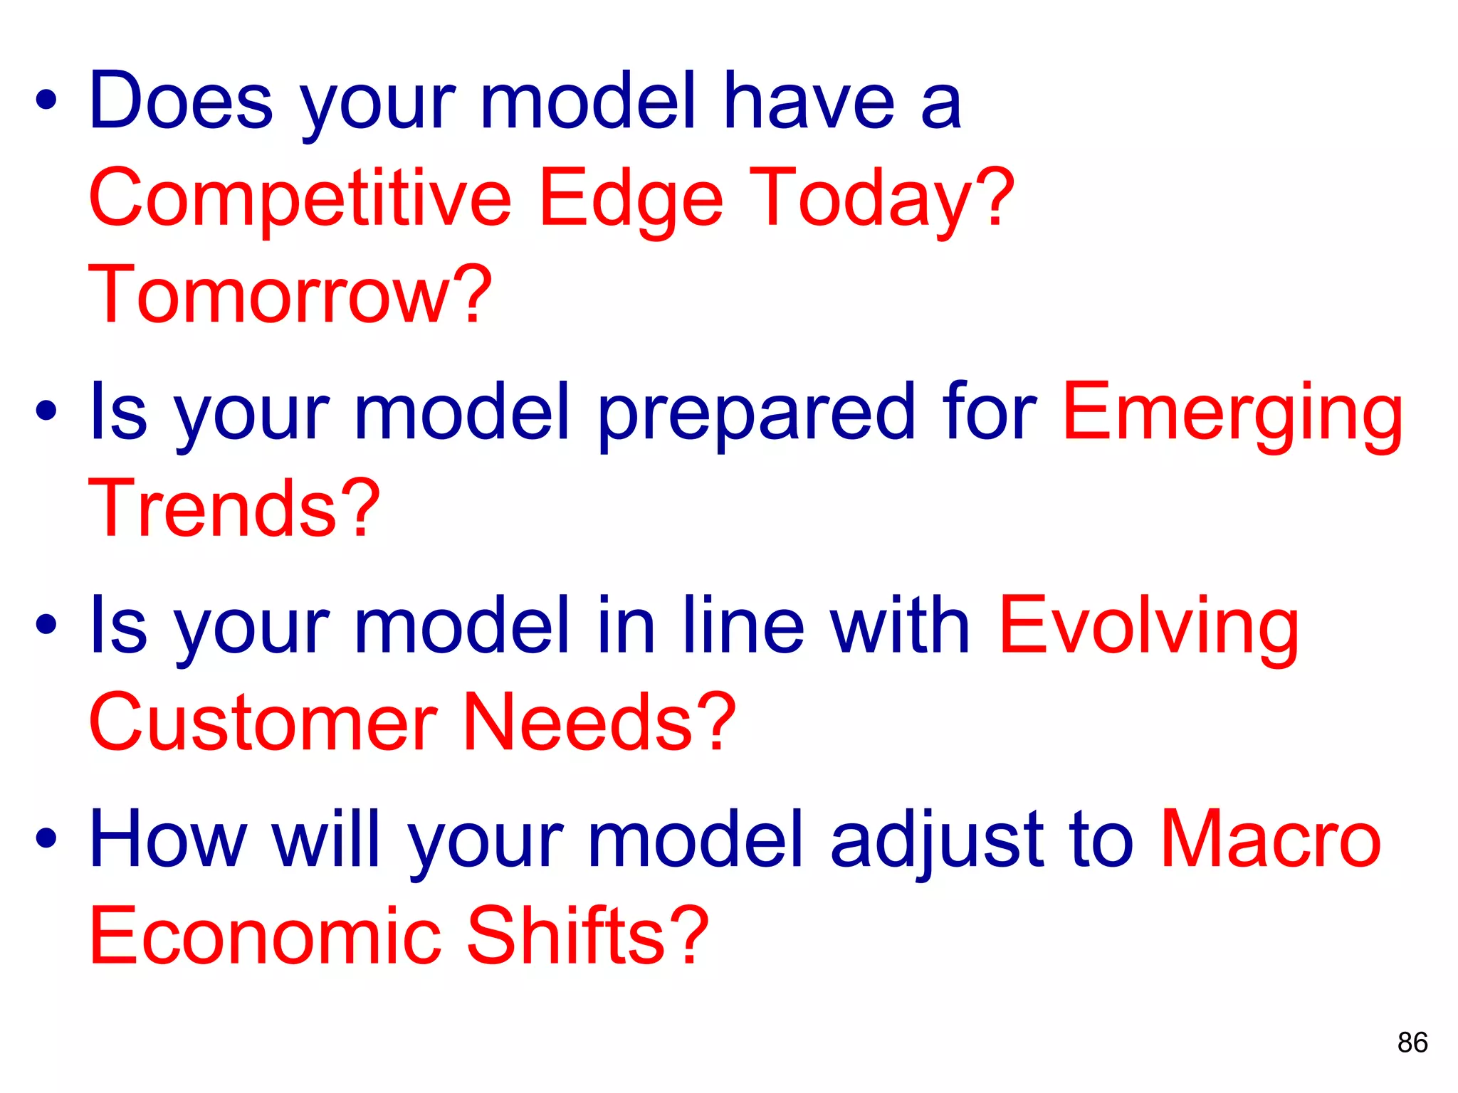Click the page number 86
click(x=1412, y=1042)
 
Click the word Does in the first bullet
click(x=181, y=101)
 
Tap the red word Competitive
click(x=300, y=199)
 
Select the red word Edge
click(x=631, y=199)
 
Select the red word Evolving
click(x=1149, y=626)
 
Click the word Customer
click(x=263, y=722)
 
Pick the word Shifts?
click(x=588, y=935)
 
